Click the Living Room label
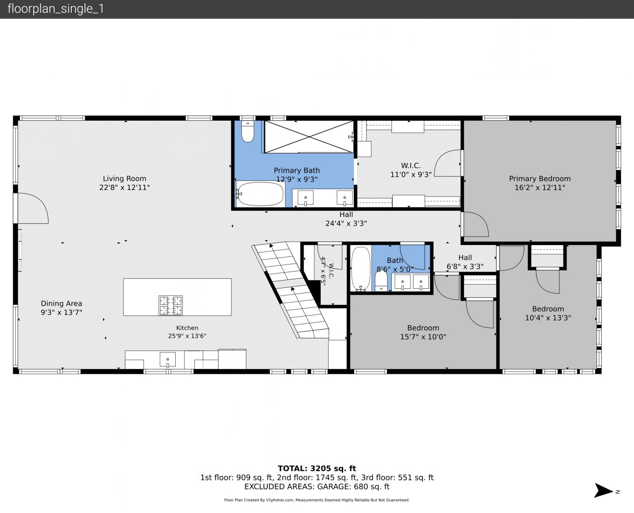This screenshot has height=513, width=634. click(x=124, y=178)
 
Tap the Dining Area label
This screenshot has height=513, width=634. click(x=61, y=304)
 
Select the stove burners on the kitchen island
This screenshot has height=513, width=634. click(x=170, y=305)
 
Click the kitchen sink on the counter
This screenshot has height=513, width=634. click(x=168, y=360)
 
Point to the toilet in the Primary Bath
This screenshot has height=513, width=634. click(x=247, y=131)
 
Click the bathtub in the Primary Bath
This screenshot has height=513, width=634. click(x=260, y=194)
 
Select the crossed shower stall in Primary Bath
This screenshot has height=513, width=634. click(x=309, y=137)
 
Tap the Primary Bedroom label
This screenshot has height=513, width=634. click(x=539, y=179)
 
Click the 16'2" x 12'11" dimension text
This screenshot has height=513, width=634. click(x=539, y=188)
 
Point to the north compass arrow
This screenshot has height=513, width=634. click(x=604, y=490)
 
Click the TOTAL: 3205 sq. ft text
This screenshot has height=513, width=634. click(x=317, y=469)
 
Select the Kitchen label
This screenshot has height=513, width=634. click(x=187, y=328)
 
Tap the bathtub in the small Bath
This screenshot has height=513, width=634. click(x=361, y=268)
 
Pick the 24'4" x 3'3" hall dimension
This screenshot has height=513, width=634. click(x=346, y=223)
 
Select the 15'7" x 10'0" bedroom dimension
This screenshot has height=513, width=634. click(x=423, y=337)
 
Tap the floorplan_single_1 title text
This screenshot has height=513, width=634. click(x=56, y=9)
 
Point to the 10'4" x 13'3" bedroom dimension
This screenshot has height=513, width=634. click(x=548, y=318)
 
